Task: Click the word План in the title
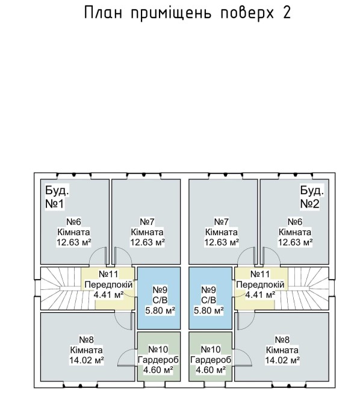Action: (103, 13)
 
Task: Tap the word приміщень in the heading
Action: (171, 13)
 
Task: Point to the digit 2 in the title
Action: (287, 13)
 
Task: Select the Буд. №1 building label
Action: (57, 197)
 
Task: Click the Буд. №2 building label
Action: (312, 197)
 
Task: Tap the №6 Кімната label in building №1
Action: (73, 227)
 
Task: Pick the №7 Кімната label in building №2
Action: (222, 227)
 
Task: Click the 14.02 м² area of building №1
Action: (87, 360)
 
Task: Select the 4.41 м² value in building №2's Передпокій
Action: (260, 295)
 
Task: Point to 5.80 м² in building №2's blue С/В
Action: (209, 310)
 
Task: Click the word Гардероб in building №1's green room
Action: (158, 360)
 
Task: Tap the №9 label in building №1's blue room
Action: (160, 290)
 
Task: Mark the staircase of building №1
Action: (61, 288)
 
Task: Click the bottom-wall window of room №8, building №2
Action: (289, 386)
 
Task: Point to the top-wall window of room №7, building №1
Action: (144, 176)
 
